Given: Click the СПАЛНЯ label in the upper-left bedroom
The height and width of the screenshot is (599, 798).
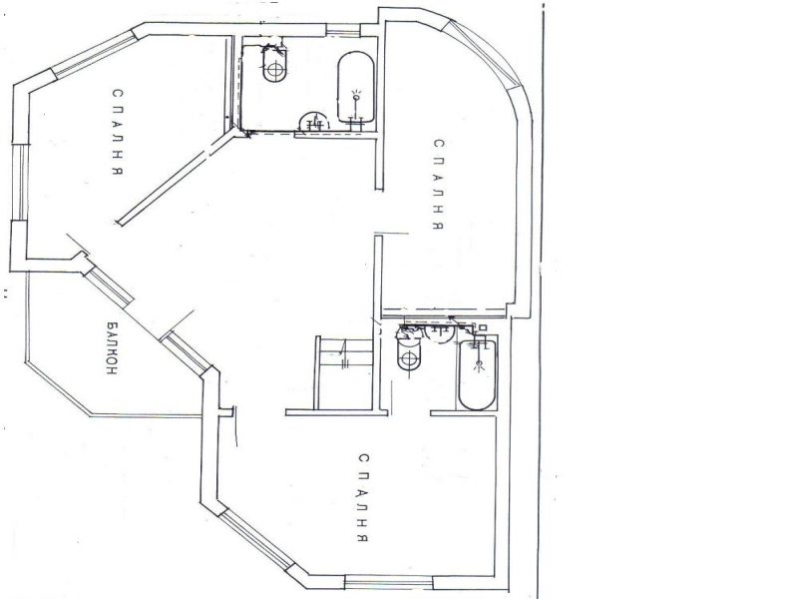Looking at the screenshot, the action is (x=118, y=133).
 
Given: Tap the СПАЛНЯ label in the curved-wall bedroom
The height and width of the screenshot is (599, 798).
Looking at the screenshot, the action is (x=439, y=185).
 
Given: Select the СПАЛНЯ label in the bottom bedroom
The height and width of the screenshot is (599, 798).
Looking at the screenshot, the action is (x=362, y=498).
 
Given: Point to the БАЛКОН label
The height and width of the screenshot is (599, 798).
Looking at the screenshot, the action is (x=112, y=347).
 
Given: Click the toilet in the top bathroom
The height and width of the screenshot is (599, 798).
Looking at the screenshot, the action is (x=276, y=65).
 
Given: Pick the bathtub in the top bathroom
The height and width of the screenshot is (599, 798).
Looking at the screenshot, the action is (x=356, y=87).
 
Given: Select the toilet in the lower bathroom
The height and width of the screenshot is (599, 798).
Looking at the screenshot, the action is (x=409, y=354).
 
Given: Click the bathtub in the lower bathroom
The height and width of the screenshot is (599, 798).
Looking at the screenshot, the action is (x=478, y=375).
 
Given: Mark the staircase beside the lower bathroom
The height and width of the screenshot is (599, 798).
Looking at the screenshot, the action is (x=345, y=372).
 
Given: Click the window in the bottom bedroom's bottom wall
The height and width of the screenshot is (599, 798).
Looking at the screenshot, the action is (x=389, y=581).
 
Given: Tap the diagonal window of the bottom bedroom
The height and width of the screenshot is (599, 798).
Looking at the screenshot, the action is (x=256, y=539).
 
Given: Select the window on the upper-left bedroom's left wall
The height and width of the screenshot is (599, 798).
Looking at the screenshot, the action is (x=18, y=183).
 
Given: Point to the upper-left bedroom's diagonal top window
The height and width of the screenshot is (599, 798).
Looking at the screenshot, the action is (x=95, y=53).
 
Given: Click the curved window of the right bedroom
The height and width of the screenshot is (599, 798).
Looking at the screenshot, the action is (x=485, y=53).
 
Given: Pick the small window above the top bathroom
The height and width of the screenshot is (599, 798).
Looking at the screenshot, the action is (x=343, y=30).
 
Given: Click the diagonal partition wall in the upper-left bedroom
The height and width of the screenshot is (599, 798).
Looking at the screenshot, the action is (x=177, y=178).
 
